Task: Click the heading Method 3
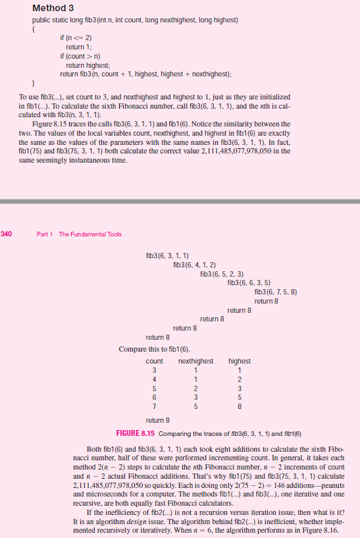[53, 9]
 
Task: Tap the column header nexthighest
[195, 361]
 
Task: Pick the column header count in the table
[154, 361]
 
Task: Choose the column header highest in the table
[239, 361]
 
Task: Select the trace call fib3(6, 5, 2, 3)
[221, 273]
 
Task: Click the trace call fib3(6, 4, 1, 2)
[194, 264]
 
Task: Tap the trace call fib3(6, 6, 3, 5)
[248, 282]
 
